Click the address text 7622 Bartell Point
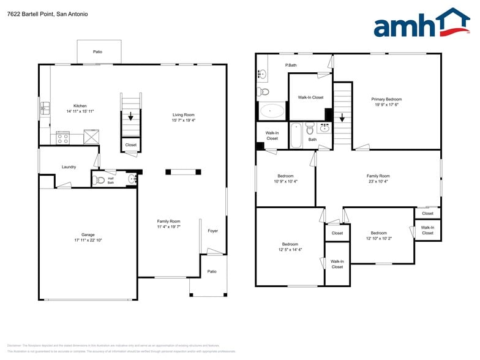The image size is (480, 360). point(31,14)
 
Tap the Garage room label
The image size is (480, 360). point(88,234)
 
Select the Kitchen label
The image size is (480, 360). point(80,105)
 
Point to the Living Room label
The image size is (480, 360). point(183,114)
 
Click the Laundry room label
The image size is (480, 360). point(69,167)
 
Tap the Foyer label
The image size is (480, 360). point(212,231)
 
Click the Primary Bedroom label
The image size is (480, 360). point(386,99)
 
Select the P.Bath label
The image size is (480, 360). point(291,65)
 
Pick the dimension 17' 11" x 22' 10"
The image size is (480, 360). point(88,240)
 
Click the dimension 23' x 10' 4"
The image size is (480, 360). point(378,181)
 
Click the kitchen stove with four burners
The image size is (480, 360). point(62,138)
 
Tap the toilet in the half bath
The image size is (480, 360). point(100,180)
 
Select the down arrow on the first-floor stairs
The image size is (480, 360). point(130,117)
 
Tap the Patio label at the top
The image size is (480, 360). point(97,52)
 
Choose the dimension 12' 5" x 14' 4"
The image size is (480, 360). point(290,249)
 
